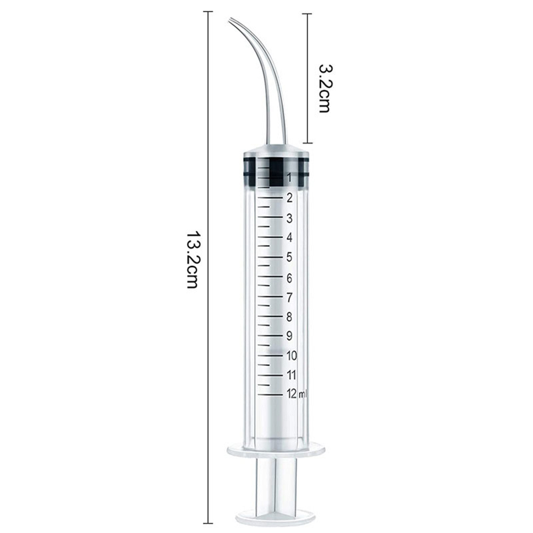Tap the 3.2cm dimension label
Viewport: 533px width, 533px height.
[324, 88]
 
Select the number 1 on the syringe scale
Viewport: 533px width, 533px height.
[289, 178]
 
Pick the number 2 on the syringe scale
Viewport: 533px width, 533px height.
[289, 198]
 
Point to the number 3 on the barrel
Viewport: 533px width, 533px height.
[289, 218]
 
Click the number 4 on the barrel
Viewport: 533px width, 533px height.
[289, 237]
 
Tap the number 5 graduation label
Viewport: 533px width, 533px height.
[289, 257]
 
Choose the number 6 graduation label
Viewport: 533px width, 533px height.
[289, 278]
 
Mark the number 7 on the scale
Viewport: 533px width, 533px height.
[289, 298]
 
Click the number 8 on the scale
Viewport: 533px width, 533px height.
[289, 317]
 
